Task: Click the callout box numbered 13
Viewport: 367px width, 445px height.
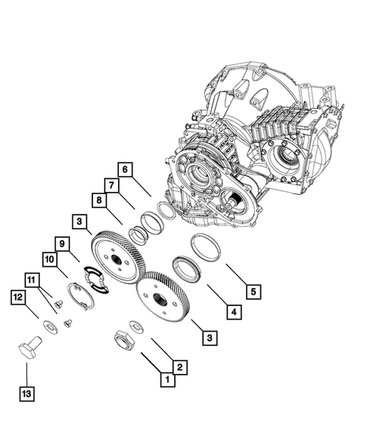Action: click(x=26, y=394)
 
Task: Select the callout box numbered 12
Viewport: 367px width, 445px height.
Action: click(x=17, y=298)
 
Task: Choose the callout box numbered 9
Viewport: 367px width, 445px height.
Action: click(x=62, y=243)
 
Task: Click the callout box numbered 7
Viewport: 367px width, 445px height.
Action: click(x=110, y=184)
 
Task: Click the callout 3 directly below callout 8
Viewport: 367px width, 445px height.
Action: click(x=79, y=221)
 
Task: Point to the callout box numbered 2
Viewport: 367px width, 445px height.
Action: click(x=179, y=367)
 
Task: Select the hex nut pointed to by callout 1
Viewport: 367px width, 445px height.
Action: click(x=123, y=340)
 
